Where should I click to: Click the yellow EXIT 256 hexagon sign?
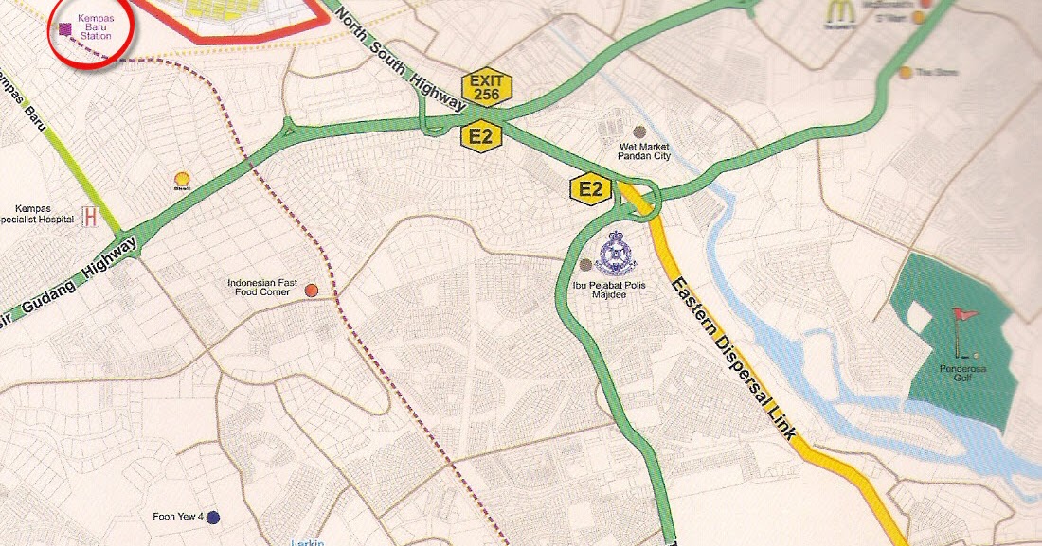[487, 88]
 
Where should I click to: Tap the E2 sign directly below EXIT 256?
[480, 137]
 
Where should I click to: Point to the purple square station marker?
[64, 28]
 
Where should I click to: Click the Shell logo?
[182, 179]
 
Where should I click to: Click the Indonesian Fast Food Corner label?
[261, 288]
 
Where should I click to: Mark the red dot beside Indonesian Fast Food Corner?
[311, 291]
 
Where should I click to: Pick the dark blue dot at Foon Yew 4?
[213, 518]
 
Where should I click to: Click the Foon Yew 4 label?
[177, 517]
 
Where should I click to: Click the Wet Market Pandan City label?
[643, 151]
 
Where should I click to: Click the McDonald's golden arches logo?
[839, 11]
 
